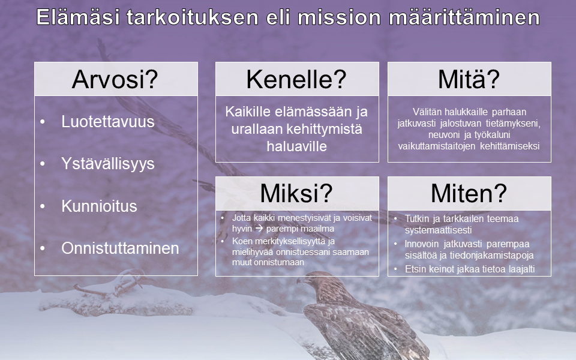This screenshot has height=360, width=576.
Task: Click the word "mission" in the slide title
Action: click(338, 17)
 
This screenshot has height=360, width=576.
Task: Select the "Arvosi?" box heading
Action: click(115, 79)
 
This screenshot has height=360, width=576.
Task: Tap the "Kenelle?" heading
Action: click(296, 79)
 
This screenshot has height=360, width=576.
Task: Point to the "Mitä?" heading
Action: click(469, 79)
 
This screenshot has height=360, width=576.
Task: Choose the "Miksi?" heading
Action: click(296, 193)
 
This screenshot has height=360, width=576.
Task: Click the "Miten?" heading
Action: click(469, 193)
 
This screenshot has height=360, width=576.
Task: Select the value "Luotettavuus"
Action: click(107, 122)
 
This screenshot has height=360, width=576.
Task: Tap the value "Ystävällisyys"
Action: click(107, 164)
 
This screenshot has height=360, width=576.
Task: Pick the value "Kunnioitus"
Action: click(99, 206)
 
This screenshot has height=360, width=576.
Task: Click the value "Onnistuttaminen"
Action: click(120, 248)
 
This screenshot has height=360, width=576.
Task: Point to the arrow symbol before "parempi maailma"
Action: click(259, 229)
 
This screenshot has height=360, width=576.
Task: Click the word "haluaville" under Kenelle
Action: click(297, 146)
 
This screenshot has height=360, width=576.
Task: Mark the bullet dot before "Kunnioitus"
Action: click(43, 206)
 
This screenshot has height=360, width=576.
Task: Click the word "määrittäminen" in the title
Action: click(464, 17)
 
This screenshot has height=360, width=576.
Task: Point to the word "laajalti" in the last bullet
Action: click(521, 269)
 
